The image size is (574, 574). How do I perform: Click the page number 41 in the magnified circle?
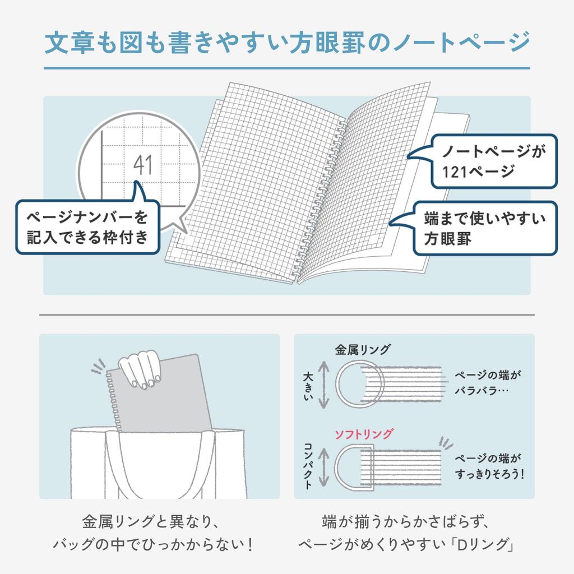[143, 165]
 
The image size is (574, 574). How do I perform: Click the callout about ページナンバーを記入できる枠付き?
[87, 226]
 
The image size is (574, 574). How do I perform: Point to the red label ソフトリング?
[364, 434]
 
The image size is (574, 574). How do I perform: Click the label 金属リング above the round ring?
[363, 350]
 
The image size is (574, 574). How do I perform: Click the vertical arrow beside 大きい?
[323, 384]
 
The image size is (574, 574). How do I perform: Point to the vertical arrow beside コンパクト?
[323, 466]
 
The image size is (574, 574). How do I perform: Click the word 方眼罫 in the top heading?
[353, 43]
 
